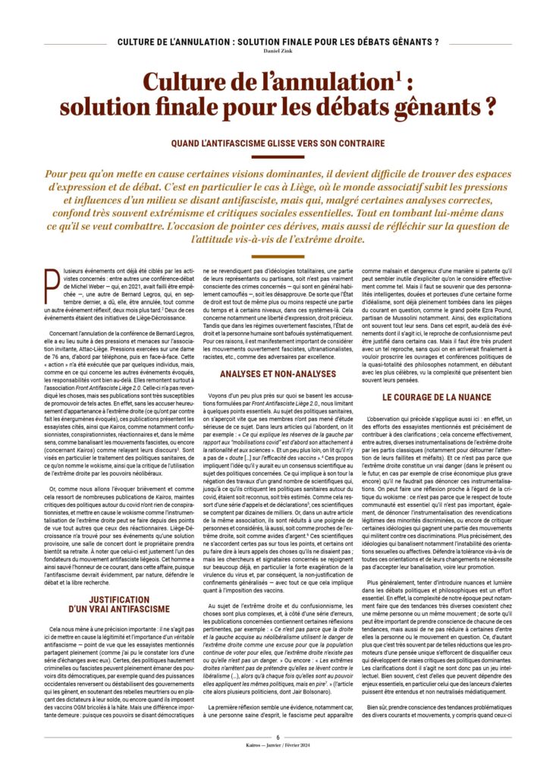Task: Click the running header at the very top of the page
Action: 278,40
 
